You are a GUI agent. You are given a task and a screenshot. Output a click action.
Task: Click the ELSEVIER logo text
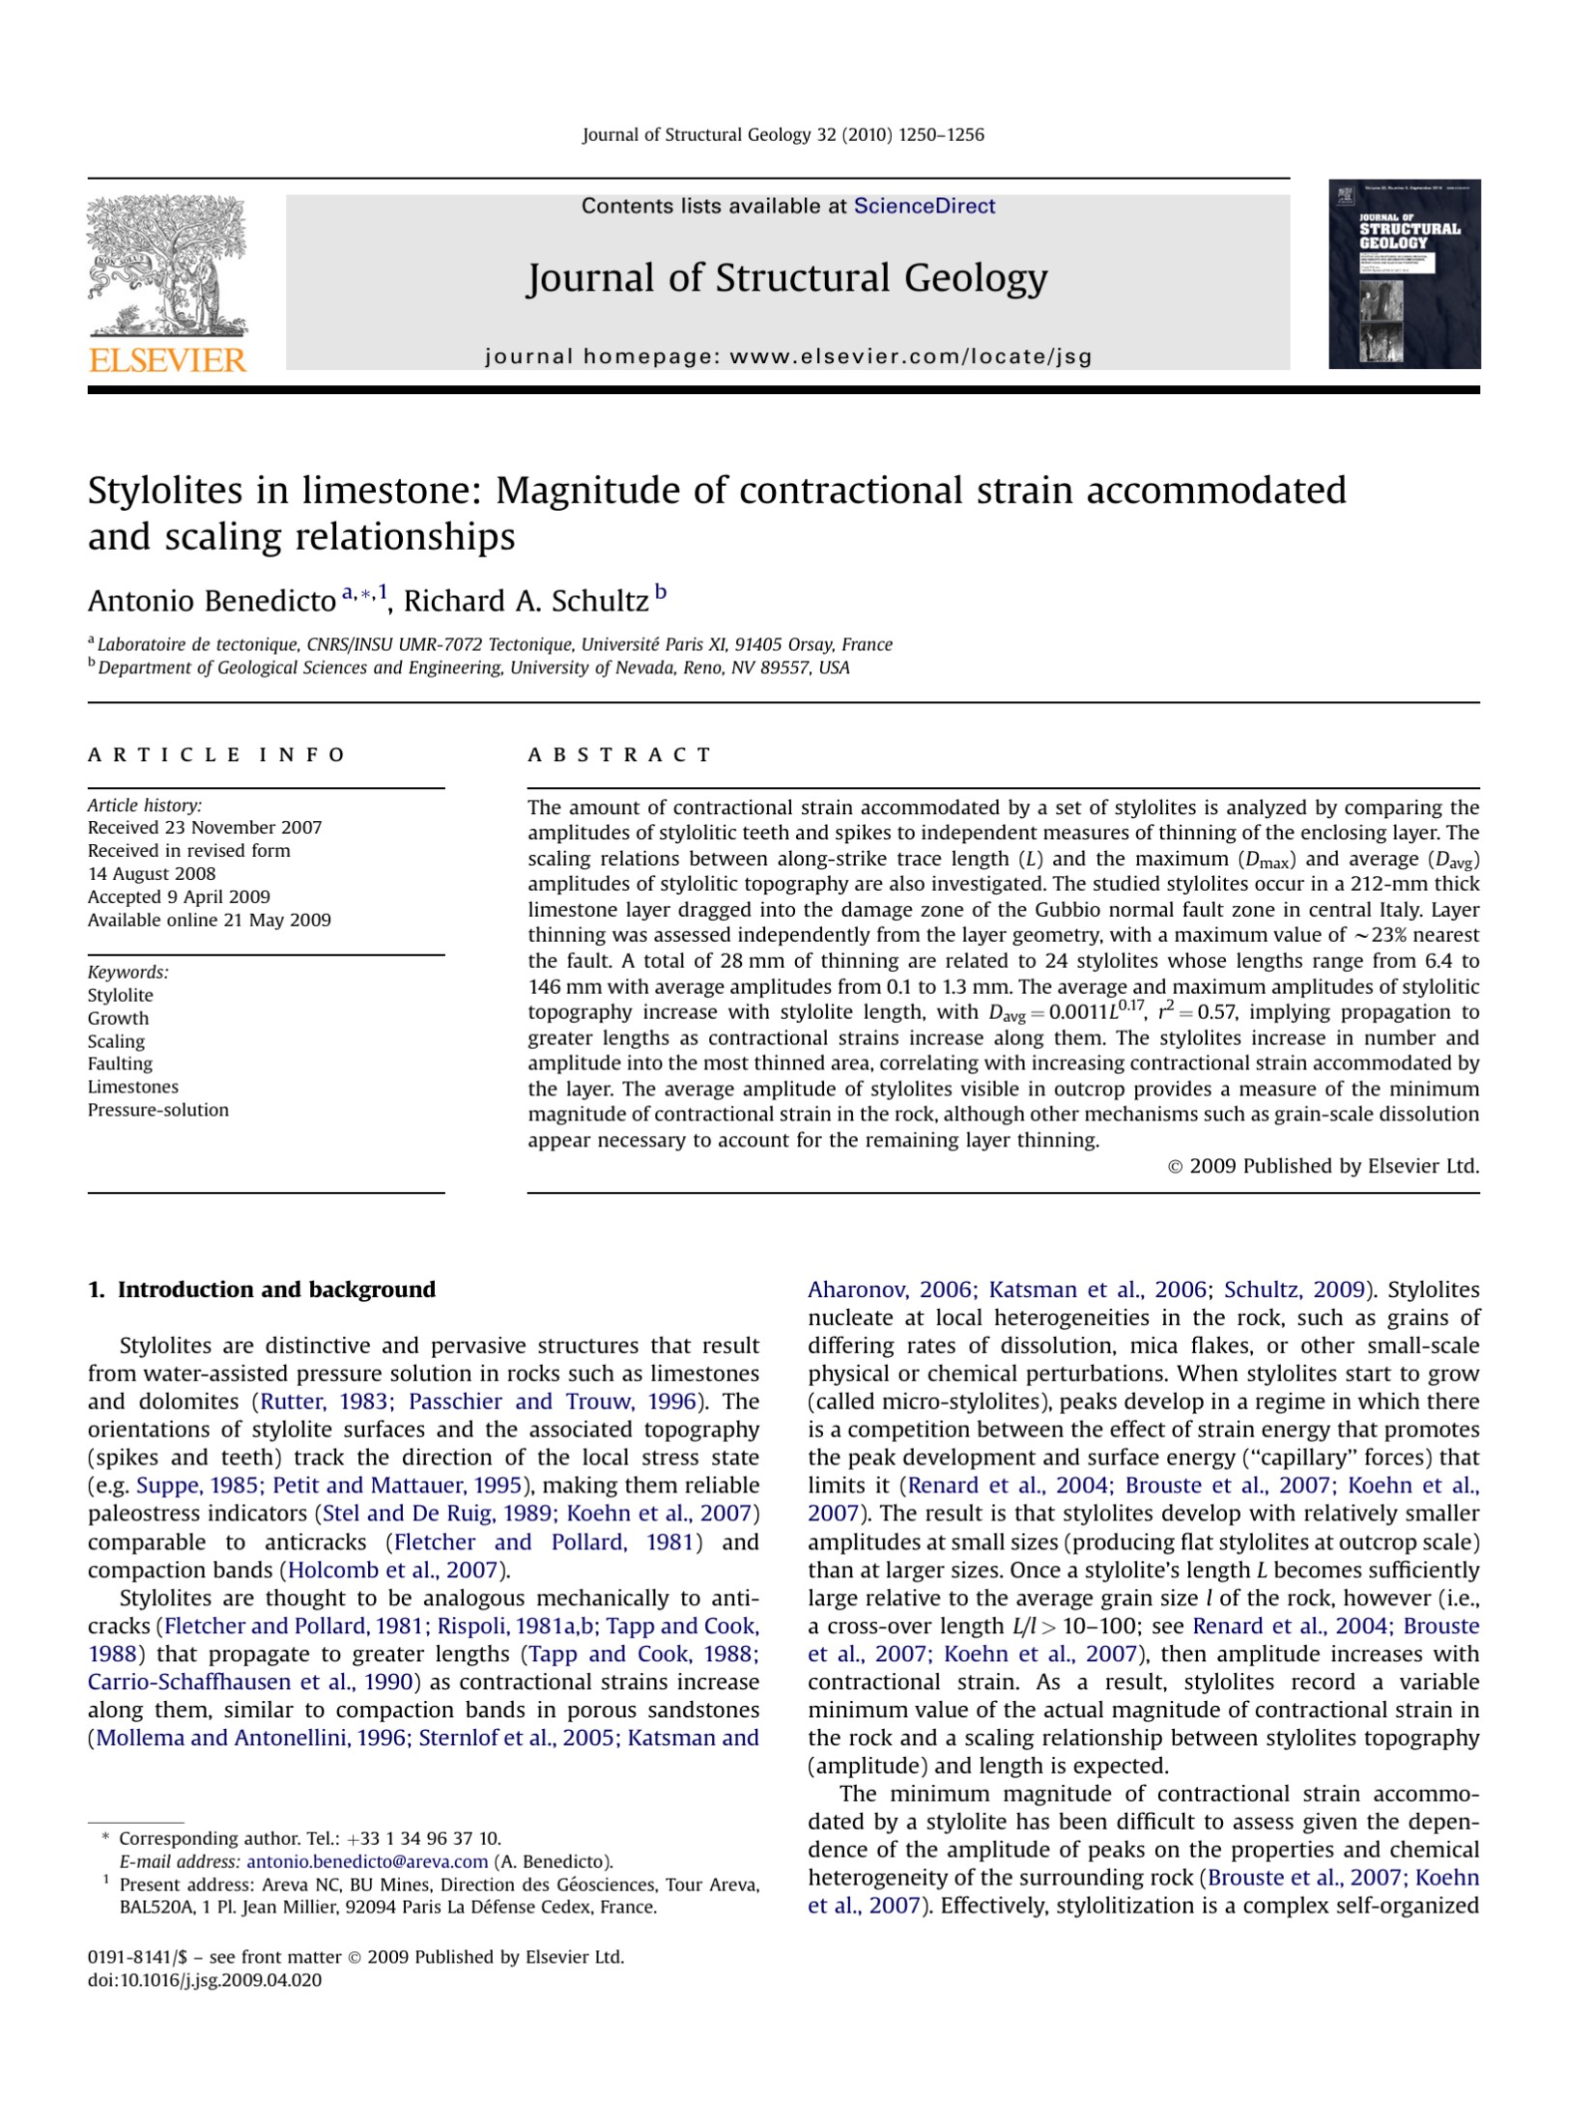click(168, 361)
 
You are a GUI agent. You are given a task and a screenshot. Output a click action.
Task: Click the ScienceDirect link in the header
click(924, 206)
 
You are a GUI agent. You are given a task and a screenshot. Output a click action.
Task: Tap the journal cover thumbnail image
click(1404, 274)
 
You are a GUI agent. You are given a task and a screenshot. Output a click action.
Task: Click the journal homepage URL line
click(788, 356)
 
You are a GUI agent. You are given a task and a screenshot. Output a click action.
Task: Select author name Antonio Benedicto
click(212, 601)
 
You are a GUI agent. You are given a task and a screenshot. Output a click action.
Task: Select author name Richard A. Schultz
click(526, 601)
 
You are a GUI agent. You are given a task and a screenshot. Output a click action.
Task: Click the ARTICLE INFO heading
click(216, 754)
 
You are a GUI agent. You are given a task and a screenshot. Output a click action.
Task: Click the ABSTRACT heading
click(619, 754)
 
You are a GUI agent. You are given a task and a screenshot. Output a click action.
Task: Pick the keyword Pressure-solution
click(158, 1110)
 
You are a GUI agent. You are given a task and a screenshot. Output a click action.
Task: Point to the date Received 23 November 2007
click(205, 828)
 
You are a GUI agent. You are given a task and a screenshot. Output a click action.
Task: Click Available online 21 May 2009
click(210, 920)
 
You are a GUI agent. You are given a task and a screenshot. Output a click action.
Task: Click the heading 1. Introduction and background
click(262, 1289)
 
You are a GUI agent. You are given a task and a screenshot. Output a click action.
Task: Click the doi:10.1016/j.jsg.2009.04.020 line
click(205, 1980)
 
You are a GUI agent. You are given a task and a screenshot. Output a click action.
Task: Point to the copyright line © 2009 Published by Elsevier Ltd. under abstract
click(1324, 1166)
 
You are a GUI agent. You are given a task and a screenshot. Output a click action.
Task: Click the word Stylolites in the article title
click(164, 491)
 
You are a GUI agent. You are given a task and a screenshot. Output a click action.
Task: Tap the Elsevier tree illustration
click(167, 265)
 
